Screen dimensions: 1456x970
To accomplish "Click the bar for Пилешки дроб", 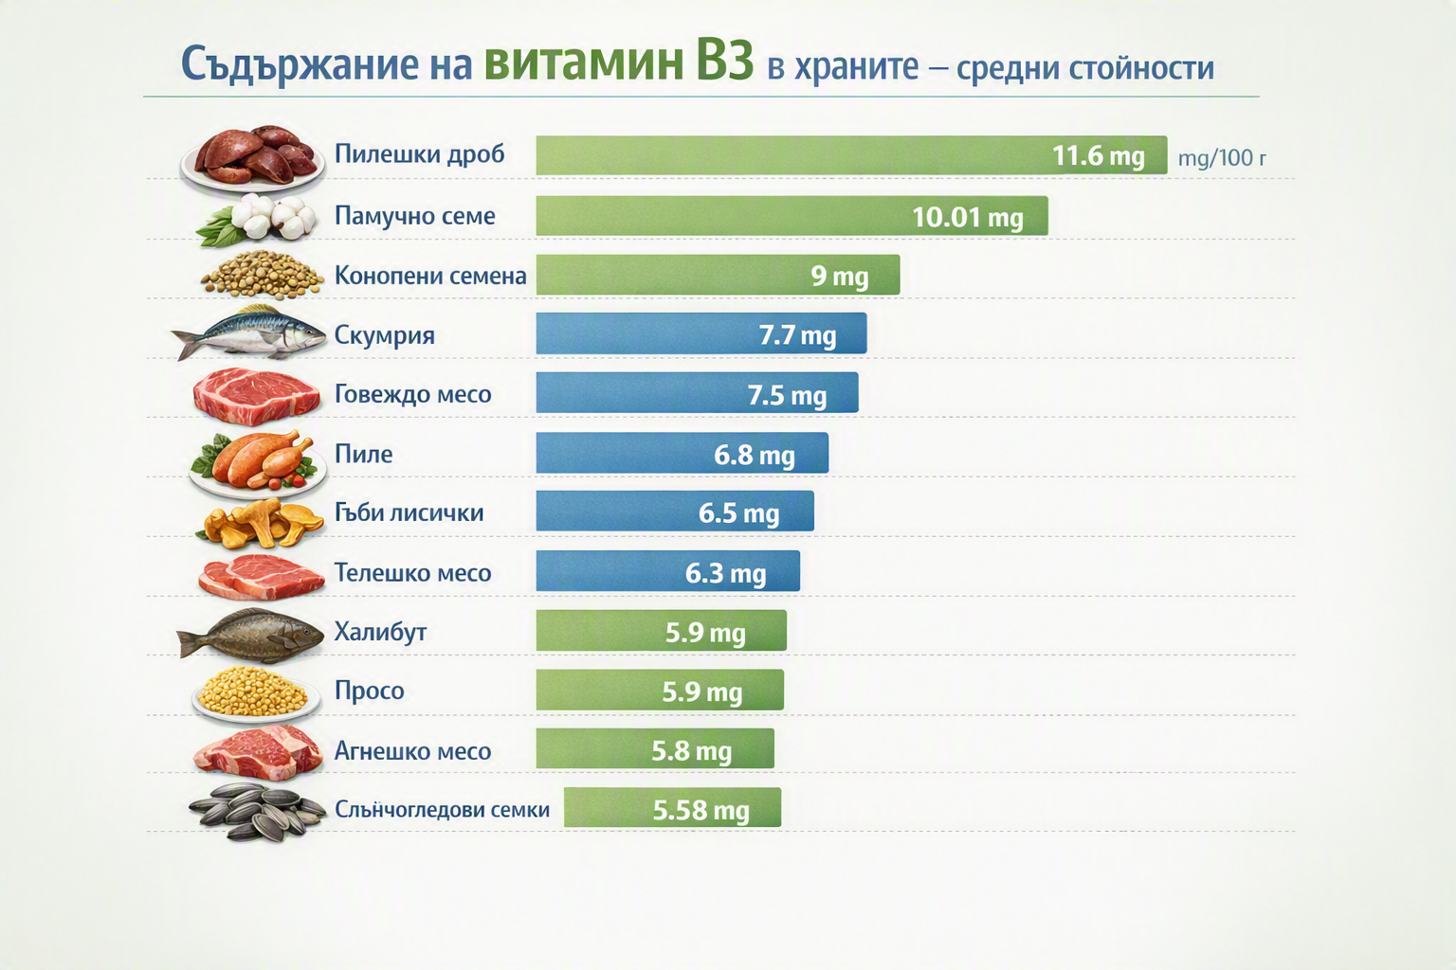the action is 851,155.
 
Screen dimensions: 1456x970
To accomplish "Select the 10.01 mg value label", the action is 968,217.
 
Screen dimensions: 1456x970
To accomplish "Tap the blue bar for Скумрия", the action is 701,333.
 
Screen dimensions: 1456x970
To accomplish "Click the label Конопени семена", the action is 430,276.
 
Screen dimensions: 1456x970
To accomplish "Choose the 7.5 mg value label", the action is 787,395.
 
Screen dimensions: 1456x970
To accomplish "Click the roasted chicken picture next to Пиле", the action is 258,462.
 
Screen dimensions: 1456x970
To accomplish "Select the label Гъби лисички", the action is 409,512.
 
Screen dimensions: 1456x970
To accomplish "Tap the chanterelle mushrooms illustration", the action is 262,522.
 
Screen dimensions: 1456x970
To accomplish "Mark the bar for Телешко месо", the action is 668,571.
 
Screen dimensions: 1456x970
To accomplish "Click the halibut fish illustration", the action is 251,634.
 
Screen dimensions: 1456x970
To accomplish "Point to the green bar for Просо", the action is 660,690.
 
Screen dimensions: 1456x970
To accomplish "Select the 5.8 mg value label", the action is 692,751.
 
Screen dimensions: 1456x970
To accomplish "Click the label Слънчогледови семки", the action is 442,810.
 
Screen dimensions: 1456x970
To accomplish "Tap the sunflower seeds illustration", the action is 258,812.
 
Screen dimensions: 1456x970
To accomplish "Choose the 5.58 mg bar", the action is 673,808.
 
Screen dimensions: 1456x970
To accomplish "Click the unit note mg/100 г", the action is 1222,158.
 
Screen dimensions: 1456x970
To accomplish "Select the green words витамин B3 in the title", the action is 619,63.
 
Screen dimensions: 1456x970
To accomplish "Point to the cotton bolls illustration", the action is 259,220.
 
